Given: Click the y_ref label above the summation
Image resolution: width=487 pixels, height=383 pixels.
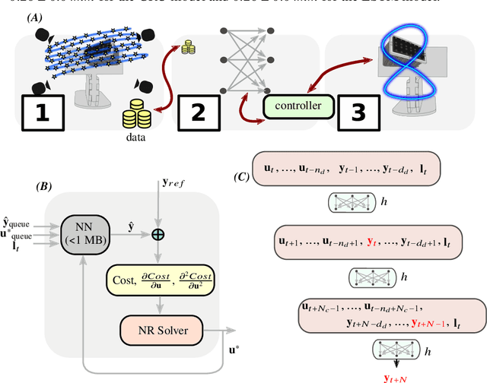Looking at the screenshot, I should click(x=172, y=184).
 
